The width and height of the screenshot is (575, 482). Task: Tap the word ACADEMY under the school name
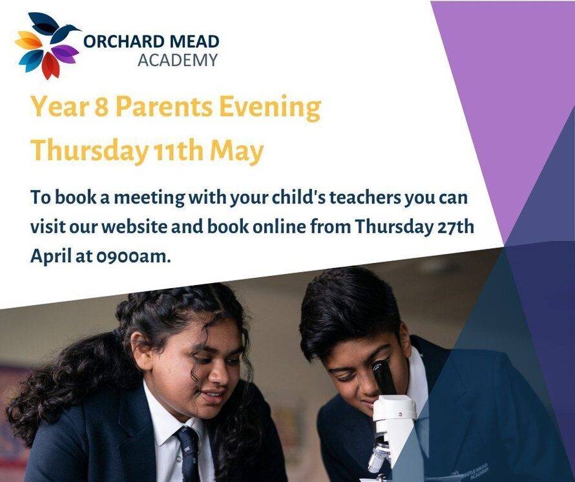[x=177, y=61]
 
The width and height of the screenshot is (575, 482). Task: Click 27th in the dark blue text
[x=453, y=227]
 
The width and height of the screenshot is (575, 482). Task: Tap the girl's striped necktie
[x=188, y=452]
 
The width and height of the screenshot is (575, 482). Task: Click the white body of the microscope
[x=394, y=420]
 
